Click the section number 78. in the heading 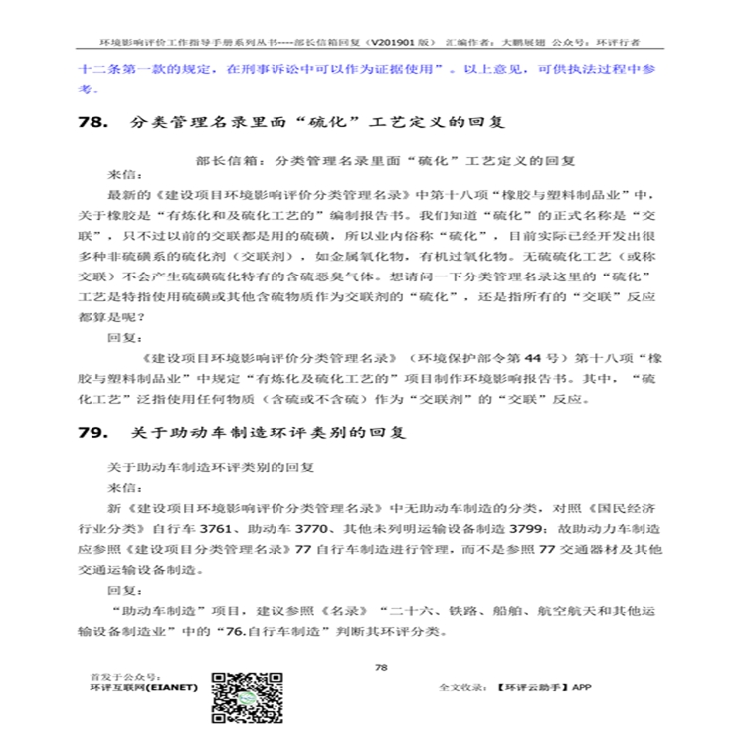point(94,124)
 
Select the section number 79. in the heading point(94,435)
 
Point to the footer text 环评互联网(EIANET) point(143,686)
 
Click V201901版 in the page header point(401,44)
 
